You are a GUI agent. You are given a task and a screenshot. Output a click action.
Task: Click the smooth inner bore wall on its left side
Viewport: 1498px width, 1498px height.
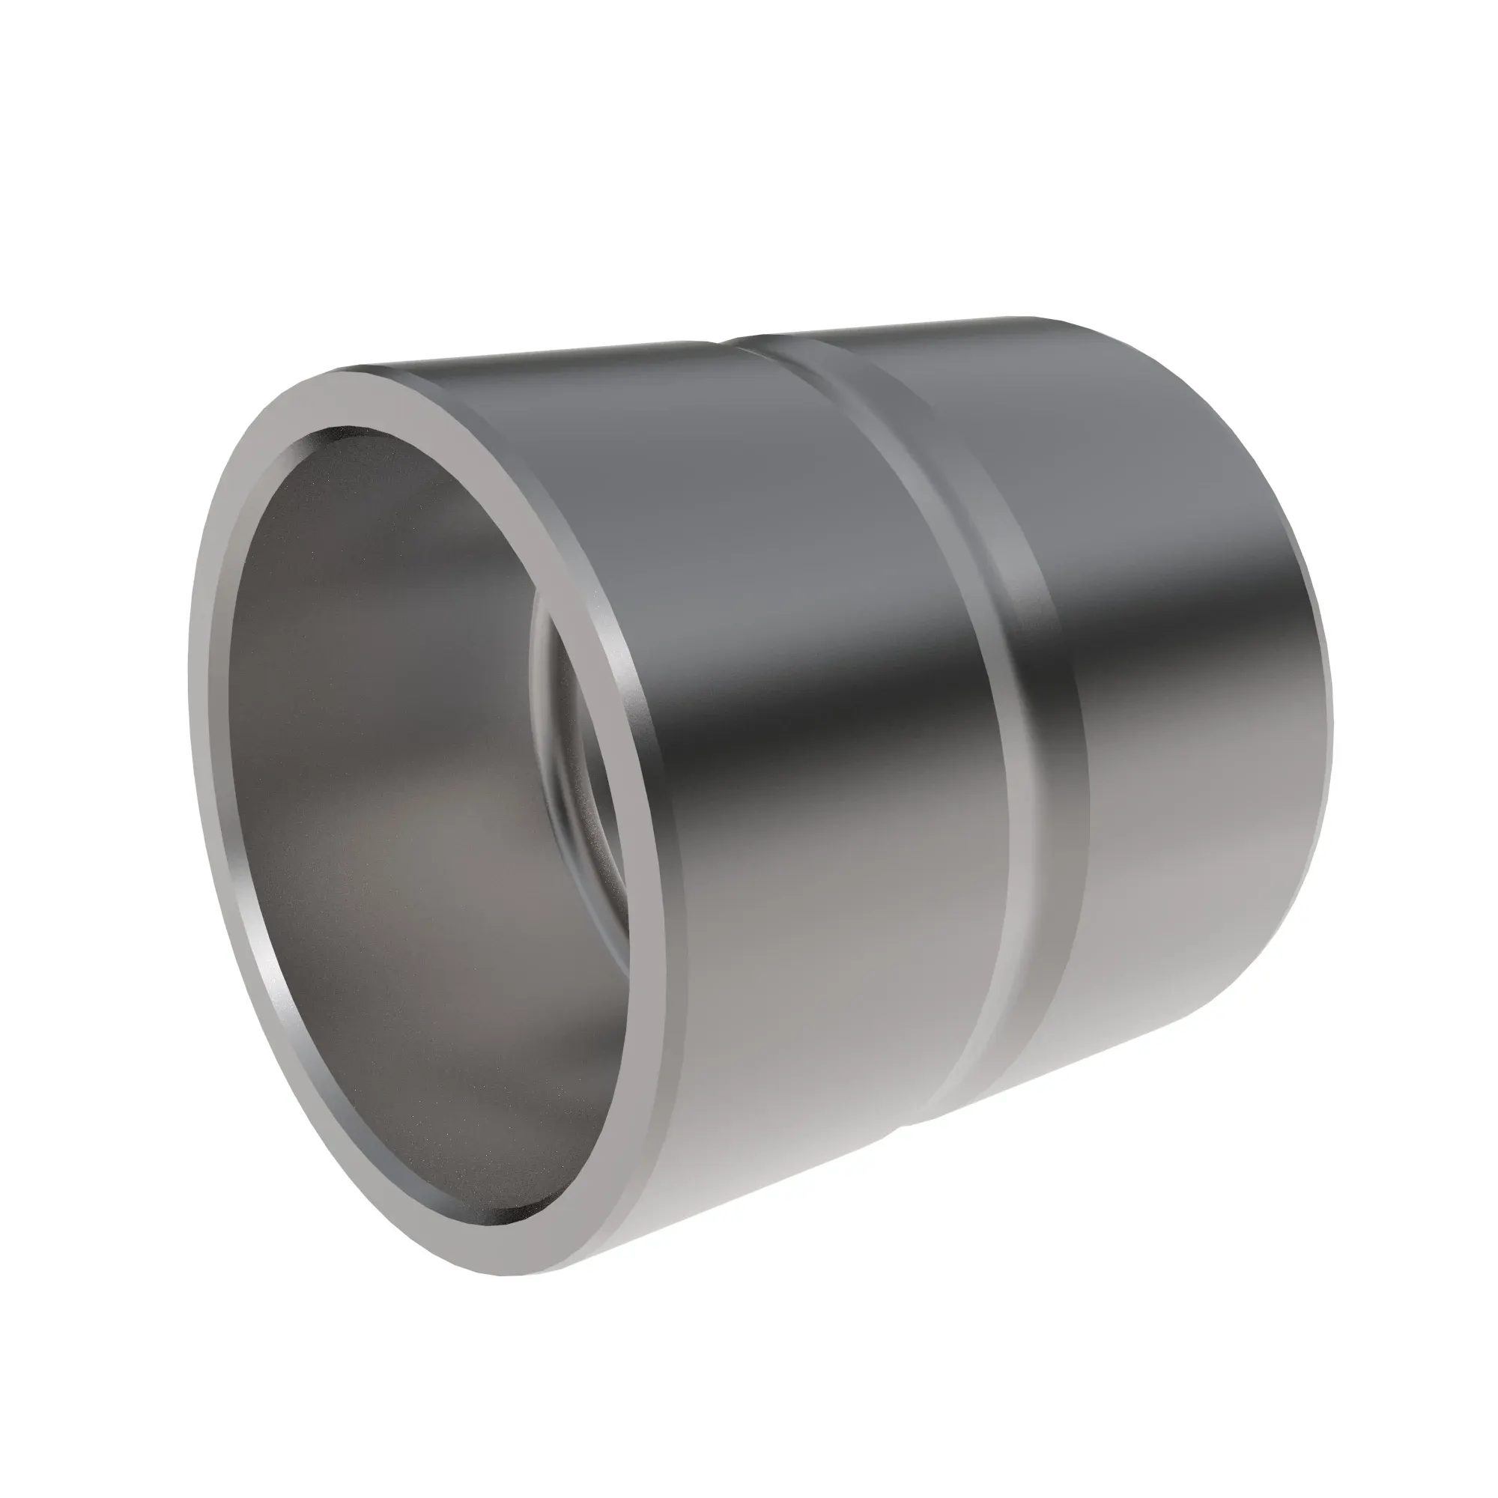[x=310, y=698]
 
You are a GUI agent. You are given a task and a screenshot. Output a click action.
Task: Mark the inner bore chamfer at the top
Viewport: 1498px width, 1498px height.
[x=341, y=434]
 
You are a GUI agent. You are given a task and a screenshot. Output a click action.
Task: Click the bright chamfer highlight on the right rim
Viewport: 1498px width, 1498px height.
[x=620, y=659]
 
